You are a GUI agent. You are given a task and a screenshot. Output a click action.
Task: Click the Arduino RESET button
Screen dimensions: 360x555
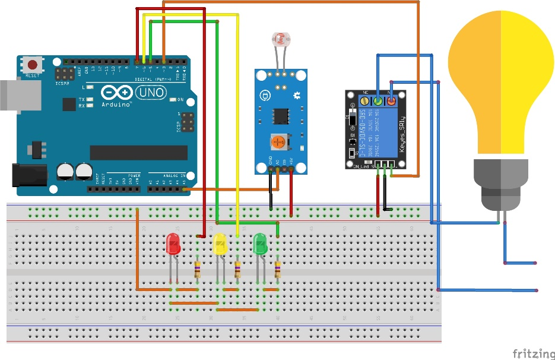click(x=33, y=64)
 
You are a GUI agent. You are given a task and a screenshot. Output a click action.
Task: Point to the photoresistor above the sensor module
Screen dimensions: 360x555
click(x=279, y=39)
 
